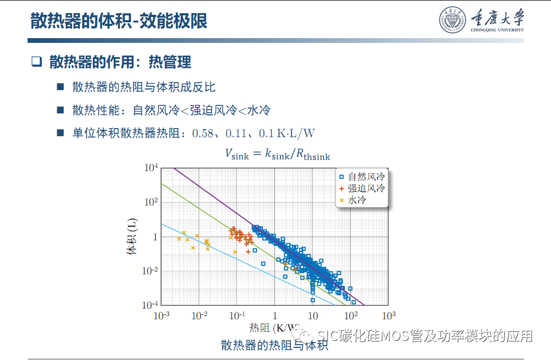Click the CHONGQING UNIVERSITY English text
[497, 30]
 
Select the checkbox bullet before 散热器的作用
[36, 62]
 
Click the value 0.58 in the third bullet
[202, 133]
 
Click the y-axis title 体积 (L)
[132, 239]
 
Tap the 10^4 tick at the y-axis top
[151, 168]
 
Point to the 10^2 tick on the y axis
[151, 202]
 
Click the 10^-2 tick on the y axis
[150, 271]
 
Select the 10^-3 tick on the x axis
[161, 316]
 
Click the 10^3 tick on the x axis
[389, 316]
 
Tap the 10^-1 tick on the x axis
[237, 316]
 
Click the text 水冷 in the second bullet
[259, 110]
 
